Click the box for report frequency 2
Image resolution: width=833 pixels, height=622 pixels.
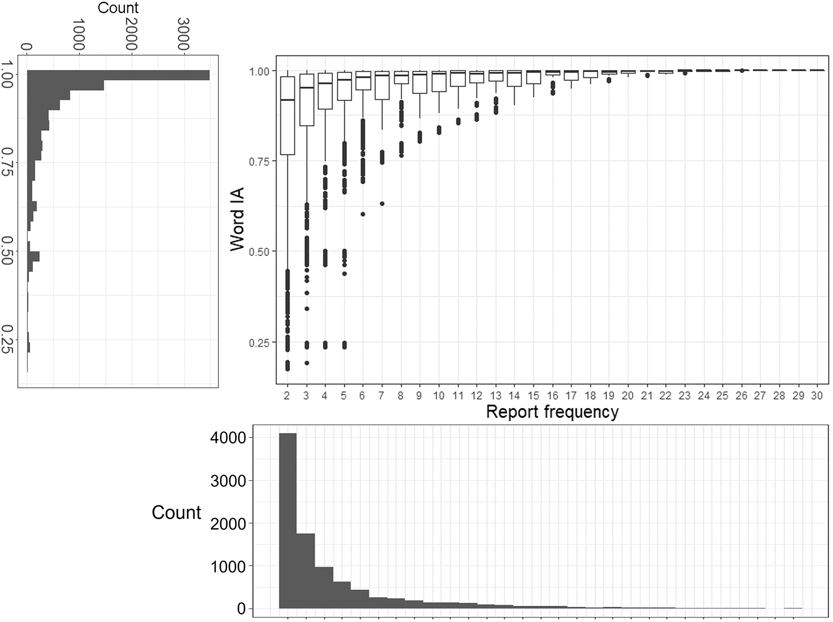point(287,116)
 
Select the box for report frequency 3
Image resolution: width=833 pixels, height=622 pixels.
point(307,100)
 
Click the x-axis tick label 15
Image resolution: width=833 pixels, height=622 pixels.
point(533,396)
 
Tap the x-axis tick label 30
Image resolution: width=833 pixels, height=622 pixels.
point(816,396)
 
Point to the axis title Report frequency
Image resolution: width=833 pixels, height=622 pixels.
point(552,412)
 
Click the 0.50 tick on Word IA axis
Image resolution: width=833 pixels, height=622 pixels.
point(259,252)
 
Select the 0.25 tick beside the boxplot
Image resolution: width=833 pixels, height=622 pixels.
point(259,343)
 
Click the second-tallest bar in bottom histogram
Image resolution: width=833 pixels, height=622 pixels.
point(306,571)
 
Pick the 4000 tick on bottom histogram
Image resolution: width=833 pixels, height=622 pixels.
point(228,438)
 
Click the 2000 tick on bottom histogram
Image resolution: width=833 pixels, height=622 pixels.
point(228,524)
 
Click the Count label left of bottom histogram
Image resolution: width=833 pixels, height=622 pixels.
point(176,513)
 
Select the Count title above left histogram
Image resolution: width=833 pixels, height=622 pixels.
point(118,8)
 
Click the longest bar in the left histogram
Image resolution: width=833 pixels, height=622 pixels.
point(118,75)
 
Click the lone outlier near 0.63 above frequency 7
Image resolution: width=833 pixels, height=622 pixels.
point(382,204)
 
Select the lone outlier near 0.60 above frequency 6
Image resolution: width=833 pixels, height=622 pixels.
point(363,214)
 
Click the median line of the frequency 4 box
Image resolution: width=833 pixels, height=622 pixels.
point(325,84)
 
